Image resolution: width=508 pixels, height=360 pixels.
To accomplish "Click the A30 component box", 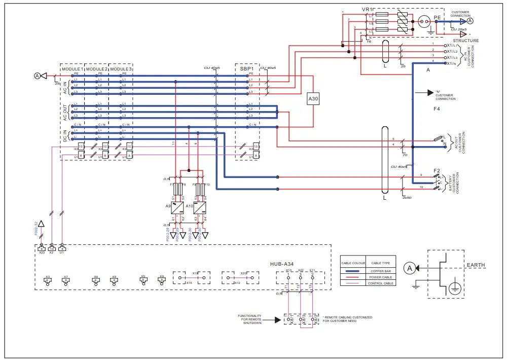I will [x=313, y=100].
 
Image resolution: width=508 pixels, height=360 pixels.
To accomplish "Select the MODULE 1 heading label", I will [x=71, y=68].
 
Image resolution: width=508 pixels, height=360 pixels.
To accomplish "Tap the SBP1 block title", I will [x=247, y=68].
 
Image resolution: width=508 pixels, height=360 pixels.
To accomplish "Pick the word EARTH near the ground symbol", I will [x=476, y=265].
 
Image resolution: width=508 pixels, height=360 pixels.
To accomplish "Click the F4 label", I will [x=437, y=109].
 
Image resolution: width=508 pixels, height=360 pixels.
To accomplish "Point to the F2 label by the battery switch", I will [x=437, y=170].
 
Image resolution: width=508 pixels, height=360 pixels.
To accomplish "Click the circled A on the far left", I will [x=37, y=76].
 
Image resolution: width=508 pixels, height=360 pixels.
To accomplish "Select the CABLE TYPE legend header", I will [x=381, y=263].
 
